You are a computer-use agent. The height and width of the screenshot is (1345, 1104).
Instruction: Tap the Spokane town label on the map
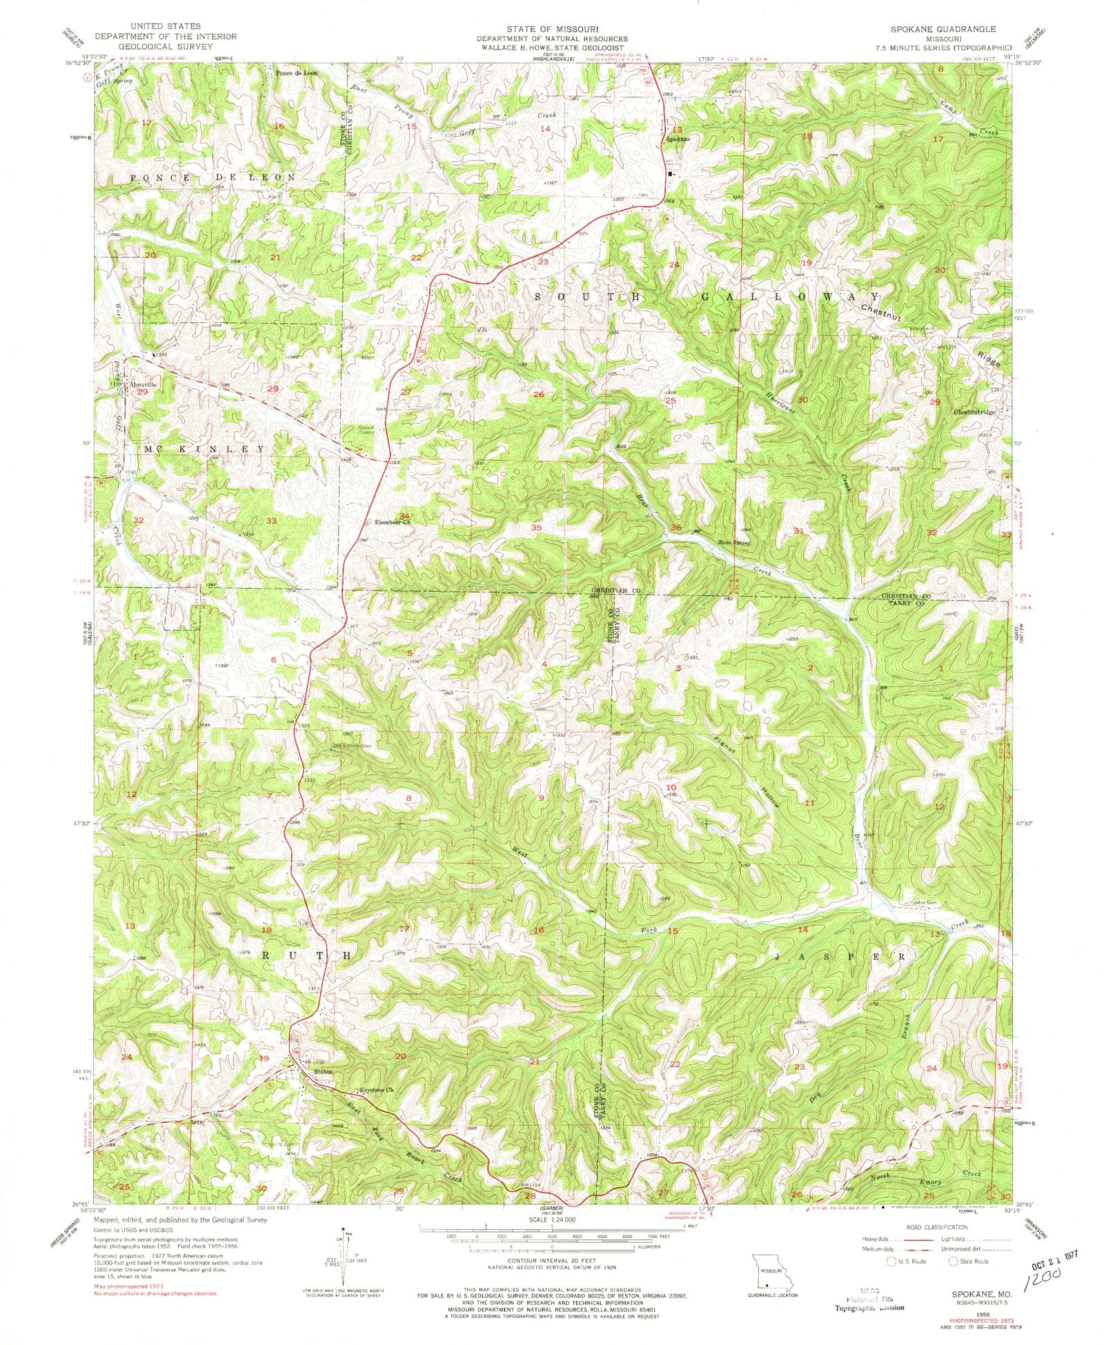[x=678, y=139]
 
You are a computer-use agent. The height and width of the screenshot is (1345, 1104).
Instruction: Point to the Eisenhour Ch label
[x=393, y=522]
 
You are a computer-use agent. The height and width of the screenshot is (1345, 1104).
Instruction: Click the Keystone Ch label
[x=376, y=1090]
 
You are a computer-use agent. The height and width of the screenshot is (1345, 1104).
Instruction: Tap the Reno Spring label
[x=733, y=543]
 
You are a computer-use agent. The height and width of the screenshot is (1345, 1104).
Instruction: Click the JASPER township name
[x=838, y=957]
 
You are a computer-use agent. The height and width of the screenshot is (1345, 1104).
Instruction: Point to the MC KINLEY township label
[x=204, y=449]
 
